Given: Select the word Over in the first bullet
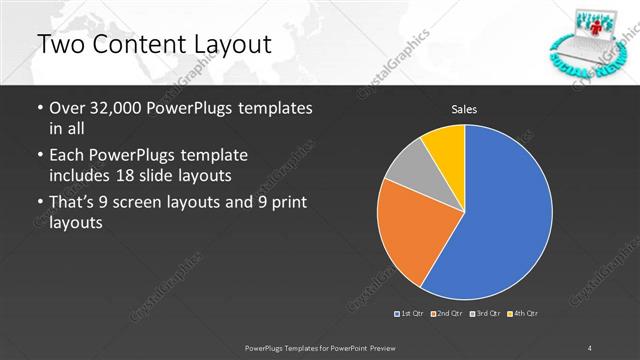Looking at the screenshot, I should pos(68,108).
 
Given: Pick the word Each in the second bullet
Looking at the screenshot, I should pos(68,155).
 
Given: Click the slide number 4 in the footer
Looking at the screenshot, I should pos(590,346).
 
